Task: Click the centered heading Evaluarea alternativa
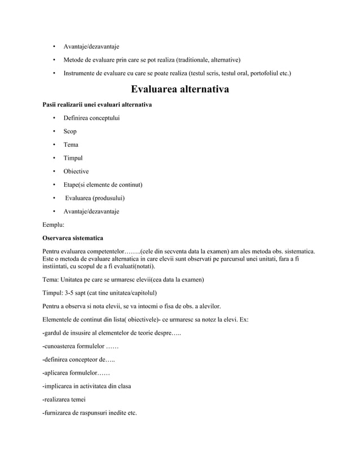tap(179, 90)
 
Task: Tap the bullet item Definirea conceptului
tap(91, 118)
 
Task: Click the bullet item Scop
tap(70, 131)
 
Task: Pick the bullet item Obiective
tap(76, 172)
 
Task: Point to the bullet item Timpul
tap(73, 158)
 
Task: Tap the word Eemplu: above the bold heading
tap(54, 225)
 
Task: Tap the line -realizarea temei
tap(64, 399)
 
